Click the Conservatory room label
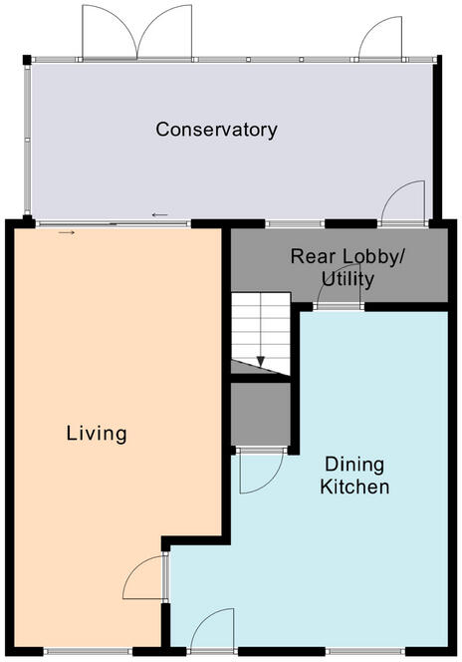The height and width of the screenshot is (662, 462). click(x=216, y=130)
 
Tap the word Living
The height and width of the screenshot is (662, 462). click(x=97, y=434)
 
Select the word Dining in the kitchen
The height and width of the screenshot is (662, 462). click(x=354, y=466)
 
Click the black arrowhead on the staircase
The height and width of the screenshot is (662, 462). click(x=261, y=362)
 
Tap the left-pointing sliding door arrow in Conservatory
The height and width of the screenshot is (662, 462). click(x=159, y=214)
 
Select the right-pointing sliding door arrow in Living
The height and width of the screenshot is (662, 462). click(x=66, y=232)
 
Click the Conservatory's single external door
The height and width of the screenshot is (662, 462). click(x=378, y=38)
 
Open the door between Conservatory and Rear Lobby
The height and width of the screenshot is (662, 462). click(x=403, y=204)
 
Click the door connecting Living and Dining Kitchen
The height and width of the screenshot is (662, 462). click(x=146, y=578)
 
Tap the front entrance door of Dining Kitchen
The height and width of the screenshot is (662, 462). click(x=211, y=633)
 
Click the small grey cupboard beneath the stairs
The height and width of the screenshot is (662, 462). click(x=260, y=414)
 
